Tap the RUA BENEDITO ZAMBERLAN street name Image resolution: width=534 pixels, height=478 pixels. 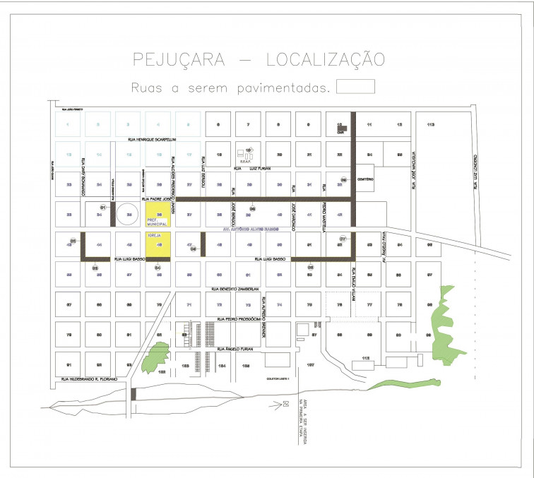235,289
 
